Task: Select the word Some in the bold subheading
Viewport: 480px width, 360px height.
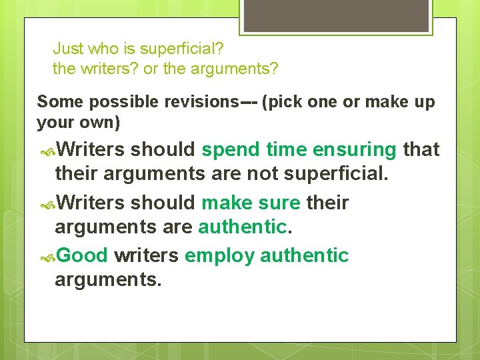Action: coord(61,102)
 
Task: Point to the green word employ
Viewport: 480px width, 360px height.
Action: coord(219,255)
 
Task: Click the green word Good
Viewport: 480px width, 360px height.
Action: coord(82,255)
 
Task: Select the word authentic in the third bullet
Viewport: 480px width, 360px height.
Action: coord(305,255)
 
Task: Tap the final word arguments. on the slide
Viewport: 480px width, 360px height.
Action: coord(108,280)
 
